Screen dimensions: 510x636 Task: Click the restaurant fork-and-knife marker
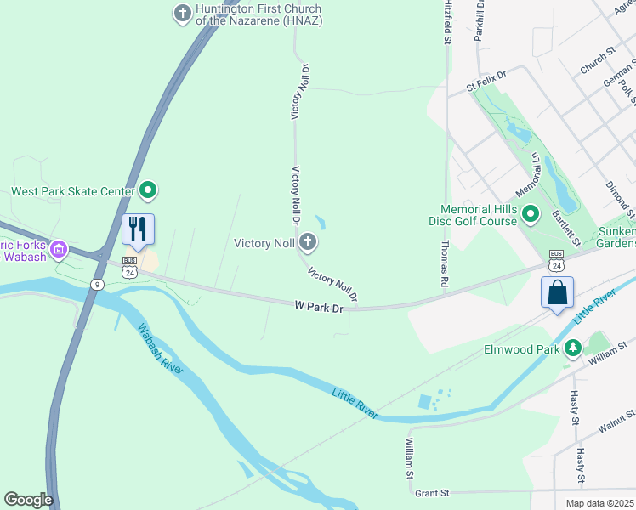pos(137,229)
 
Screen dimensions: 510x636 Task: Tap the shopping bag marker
pos(557,292)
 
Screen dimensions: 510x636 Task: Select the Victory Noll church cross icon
pos(308,244)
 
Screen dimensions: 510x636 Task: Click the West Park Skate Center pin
pos(148,191)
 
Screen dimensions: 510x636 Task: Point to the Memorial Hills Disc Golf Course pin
pos(531,214)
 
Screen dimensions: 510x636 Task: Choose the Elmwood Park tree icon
pos(573,348)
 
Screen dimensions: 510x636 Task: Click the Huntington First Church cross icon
pos(182,13)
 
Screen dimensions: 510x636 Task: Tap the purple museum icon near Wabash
pos(58,249)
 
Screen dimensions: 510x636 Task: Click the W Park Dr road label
pos(319,306)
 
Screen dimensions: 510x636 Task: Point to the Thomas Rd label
pos(445,263)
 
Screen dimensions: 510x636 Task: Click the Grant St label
pos(431,492)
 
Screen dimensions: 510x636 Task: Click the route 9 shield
pos(99,284)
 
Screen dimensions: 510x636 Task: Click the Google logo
pos(28,500)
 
